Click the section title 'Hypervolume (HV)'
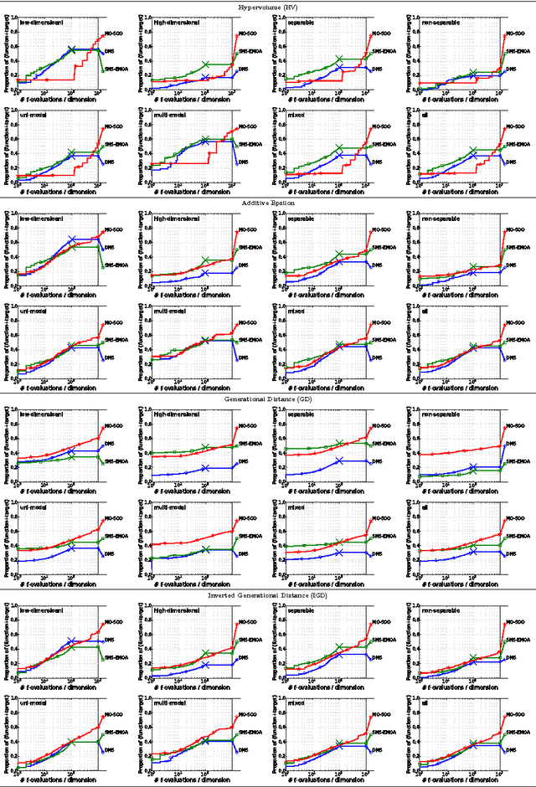point(267,6)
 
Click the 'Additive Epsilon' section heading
point(267,203)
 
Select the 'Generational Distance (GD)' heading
point(267,399)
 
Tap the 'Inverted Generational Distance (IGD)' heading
point(267,594)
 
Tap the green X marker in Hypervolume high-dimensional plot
point(204,64)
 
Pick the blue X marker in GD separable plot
point(338,461)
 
